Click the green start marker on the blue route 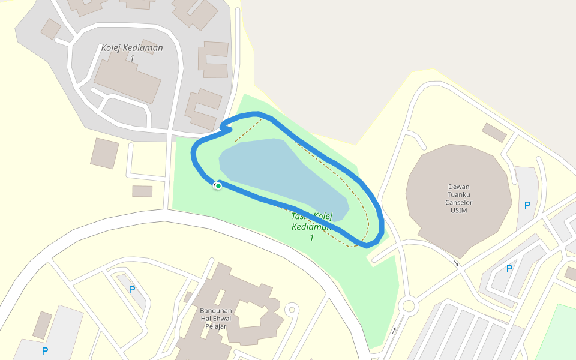[x=218, y=186]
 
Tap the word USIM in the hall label [x=459, y=210]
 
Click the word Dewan [x=459, y=186]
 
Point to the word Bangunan [x=215, y=310]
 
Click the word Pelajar [x=215, y=327]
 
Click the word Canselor [x=459, y=202]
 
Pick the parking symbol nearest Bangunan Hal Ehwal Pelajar [x=131, y=290]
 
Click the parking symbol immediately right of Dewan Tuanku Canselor [x=527, y=205]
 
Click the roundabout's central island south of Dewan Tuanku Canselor [x=409, y=306]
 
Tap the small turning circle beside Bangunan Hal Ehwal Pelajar [x=292, y=310]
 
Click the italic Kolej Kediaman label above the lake [x=132, y=48]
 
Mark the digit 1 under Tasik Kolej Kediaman [x=311, y=238]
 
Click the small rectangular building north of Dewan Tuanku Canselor [x=494, y=133]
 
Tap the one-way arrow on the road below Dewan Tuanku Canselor [x=456, y=263]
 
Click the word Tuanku [x=459, y=194]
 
